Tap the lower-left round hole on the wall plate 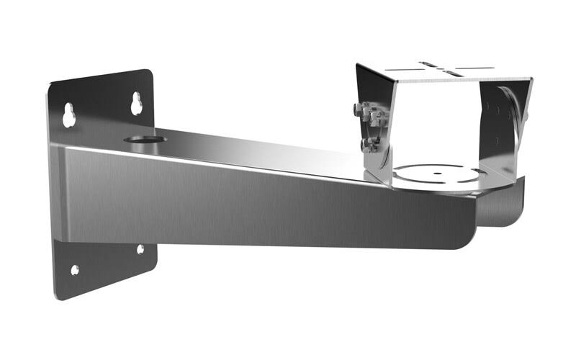pyautogui.click(x=75, y=270)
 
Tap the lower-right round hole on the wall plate pyautogui.click(x=140, y=249)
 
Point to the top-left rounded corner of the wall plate pyautogui.click(x=53, y=87)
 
